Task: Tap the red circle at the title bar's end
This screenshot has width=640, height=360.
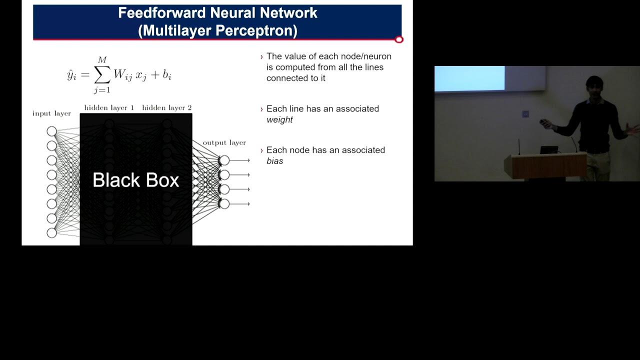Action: [399, 39]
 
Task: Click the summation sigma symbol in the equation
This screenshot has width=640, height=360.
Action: [102, 75]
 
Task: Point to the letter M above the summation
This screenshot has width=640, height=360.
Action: [102, 60]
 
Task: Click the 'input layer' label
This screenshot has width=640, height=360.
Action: [51, 113]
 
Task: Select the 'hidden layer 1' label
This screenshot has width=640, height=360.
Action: [109, 107]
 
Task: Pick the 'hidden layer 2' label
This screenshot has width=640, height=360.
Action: [167, 107]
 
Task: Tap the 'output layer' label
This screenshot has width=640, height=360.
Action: [224, 142]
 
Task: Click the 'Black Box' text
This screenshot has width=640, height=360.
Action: [135, 180]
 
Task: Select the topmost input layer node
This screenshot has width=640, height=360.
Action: [51, 131]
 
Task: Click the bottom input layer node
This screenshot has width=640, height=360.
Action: [51, 233]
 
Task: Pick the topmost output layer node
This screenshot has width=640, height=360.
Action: [224, 160]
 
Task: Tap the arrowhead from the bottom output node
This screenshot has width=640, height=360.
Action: [248, 204]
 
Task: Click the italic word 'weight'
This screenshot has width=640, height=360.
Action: [279, 119]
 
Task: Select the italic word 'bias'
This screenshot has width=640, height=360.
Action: [274, 161]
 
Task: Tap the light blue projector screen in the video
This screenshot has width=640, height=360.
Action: [469, 78]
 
